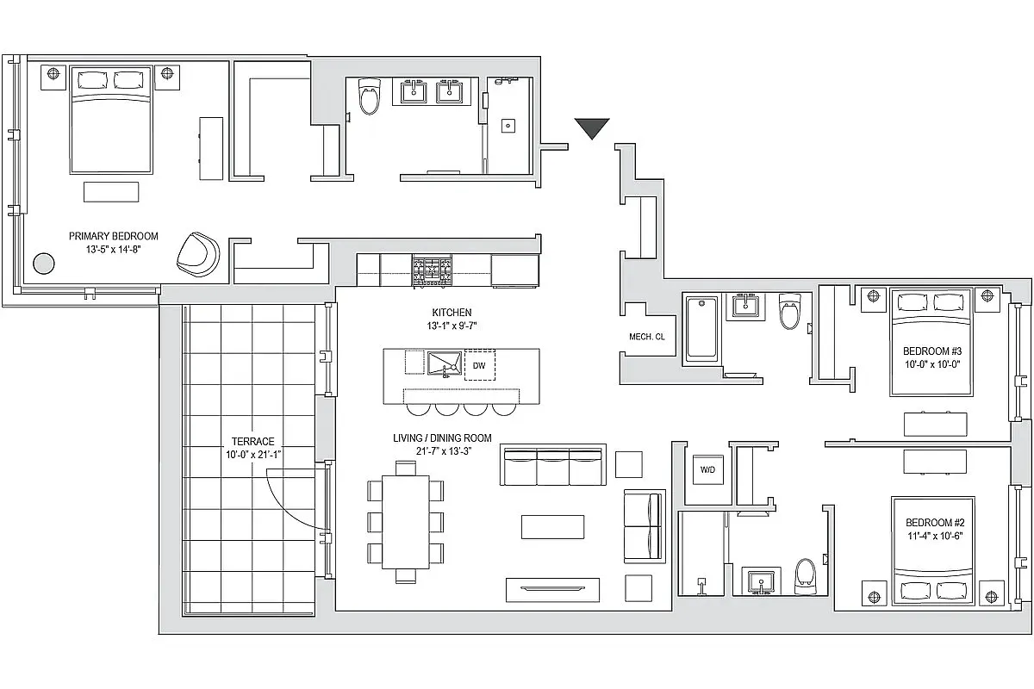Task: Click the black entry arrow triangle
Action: coord(592,128)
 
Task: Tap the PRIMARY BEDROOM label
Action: coord(114,236)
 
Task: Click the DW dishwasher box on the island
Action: coord(479,366)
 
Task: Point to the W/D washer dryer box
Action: coord(707,470)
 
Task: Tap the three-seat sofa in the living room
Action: coord(551,466)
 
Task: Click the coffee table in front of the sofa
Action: coord(552,526)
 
